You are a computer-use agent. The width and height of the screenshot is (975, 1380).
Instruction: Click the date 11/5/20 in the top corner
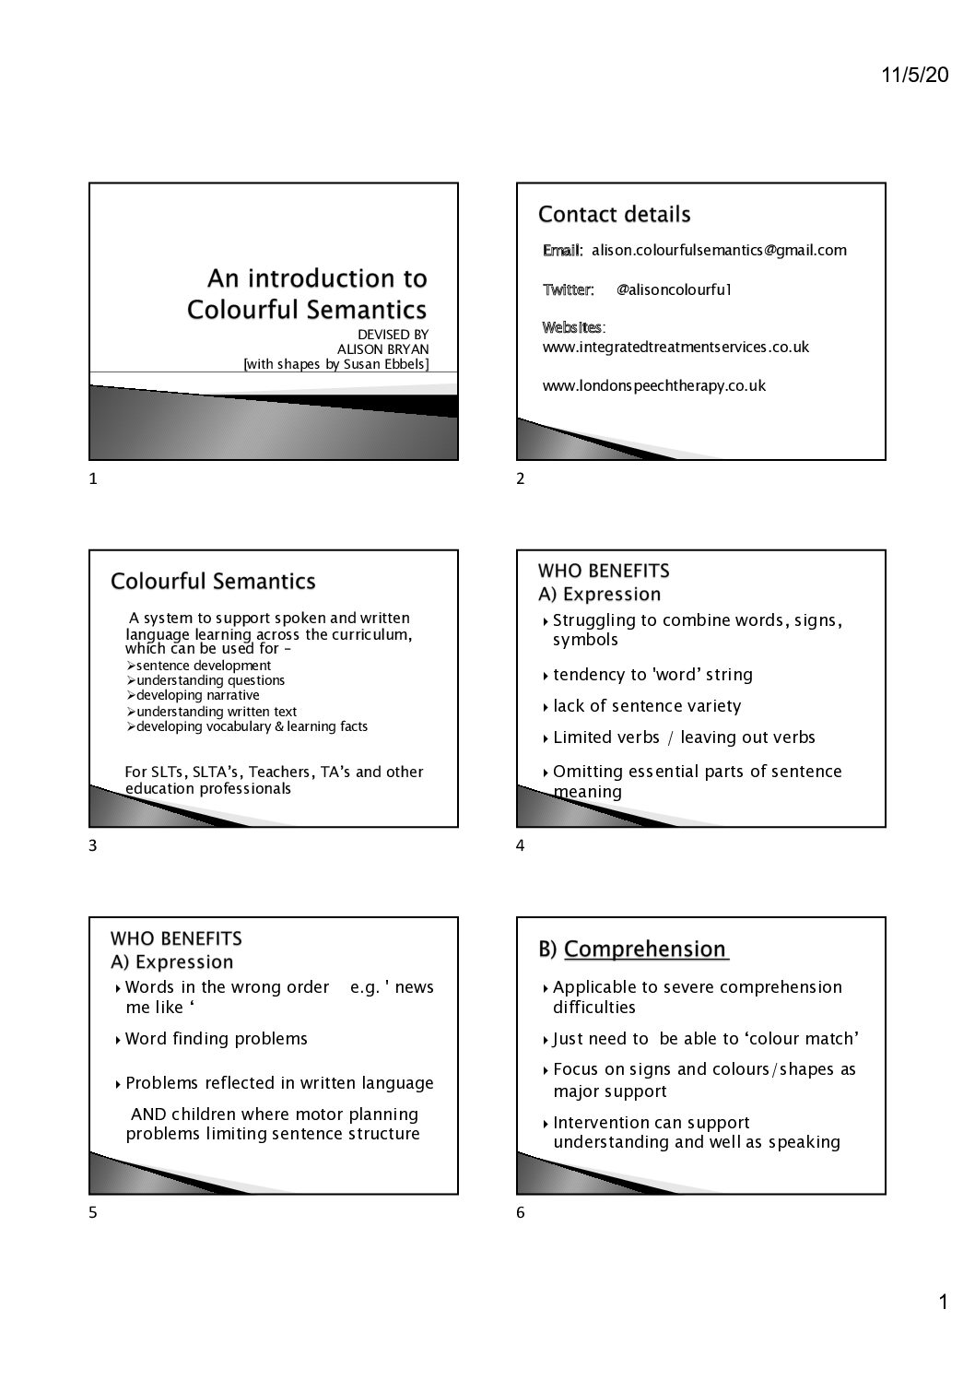(x=914, y=76)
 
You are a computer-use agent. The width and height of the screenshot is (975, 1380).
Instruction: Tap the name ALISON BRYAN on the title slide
(x=382, y=349)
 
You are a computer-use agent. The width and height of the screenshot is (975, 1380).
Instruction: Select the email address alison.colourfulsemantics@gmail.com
(x=719, y=250)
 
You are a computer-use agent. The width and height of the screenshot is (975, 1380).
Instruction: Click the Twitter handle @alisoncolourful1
(x=674, y=289)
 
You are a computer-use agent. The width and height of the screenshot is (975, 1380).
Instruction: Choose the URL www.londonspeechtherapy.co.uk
(x=653, y=385)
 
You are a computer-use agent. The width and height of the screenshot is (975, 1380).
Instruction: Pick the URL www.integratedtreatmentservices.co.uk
(x=675, y=347)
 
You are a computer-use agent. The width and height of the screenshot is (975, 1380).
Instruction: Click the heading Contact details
(x=614, y=215)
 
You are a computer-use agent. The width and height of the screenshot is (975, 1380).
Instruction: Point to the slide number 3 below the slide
(x=92, y=845)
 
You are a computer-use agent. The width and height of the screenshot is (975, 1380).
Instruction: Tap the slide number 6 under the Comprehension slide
(x=520, y=1212)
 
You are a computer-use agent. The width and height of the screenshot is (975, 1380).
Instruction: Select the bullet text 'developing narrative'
(x=197, y=695)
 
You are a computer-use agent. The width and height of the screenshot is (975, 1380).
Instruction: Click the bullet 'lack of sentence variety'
(x=647, y=706)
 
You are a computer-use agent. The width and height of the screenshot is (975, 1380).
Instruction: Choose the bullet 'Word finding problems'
(x=217, y=1039)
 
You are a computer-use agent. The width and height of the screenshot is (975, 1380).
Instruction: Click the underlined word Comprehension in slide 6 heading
(x=645, y=949)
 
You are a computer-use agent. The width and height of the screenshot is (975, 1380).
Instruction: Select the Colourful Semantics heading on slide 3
(x=213, y=582)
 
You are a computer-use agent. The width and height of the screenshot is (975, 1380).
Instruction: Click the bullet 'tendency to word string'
(x=652, y=675)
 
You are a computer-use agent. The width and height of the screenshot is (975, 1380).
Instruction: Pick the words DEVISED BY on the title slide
(x=393, y=335)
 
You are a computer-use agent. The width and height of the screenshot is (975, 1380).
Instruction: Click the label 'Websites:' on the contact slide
(x=573, y=327)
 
